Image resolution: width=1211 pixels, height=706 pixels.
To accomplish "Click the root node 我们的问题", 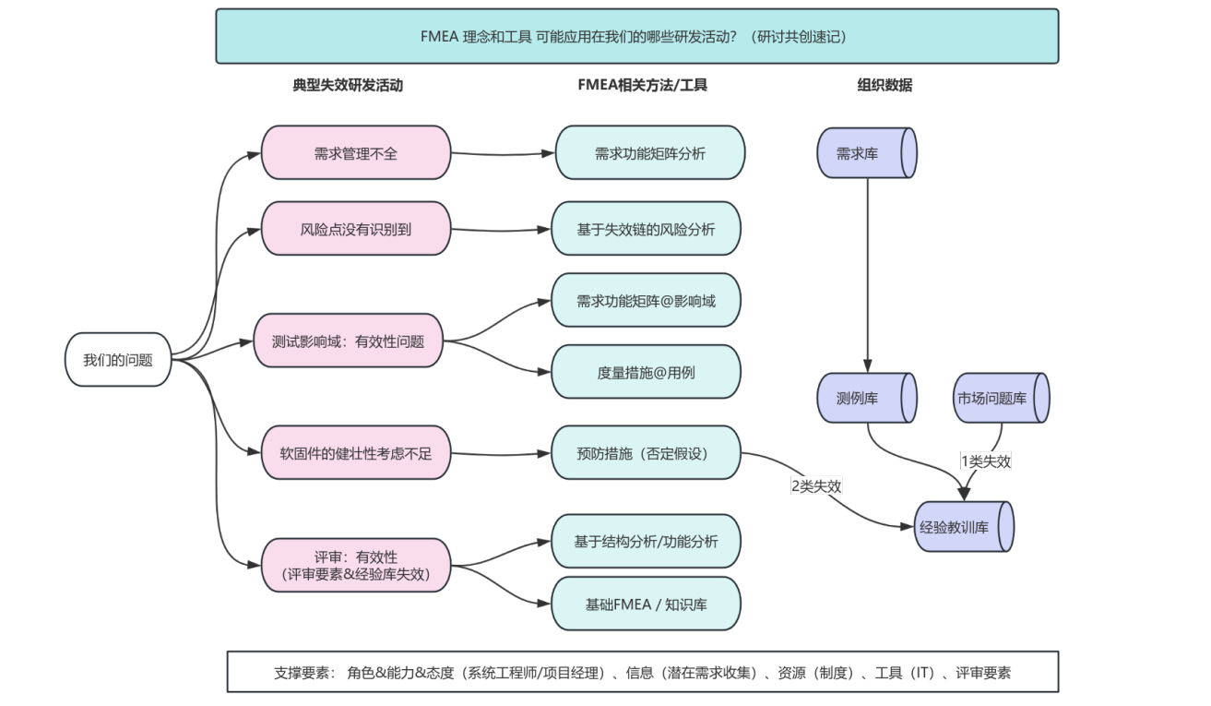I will click(x=118, y=360).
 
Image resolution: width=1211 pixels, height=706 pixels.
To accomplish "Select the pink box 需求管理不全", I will click(x=356, y=153).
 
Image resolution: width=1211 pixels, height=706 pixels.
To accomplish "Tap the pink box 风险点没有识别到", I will click(x=356, y=229).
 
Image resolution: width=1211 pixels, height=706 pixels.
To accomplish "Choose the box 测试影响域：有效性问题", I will click(x=348, y=341).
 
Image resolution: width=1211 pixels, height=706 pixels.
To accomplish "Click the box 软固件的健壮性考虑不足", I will click(x=356, y=453).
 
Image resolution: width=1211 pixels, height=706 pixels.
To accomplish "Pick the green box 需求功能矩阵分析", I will click(x=649, y=153).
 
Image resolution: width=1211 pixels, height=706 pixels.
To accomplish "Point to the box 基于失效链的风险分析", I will click(x=646, y=229).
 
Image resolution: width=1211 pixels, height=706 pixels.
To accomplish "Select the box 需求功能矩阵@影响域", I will click(x=646, y=300).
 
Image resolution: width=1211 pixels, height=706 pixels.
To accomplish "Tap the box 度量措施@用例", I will click(x=646, y=372).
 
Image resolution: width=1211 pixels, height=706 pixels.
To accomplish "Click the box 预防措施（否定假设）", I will click(x=646, y=453).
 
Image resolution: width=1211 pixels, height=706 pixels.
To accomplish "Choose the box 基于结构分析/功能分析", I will click(x=646, y=541).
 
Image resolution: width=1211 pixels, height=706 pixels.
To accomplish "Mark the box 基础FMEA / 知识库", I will click(x=646, y=604).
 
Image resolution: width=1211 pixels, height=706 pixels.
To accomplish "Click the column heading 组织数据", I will click(x=885, y=85).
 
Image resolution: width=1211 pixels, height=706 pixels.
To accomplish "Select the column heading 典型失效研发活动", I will click(x=348, y=85).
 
